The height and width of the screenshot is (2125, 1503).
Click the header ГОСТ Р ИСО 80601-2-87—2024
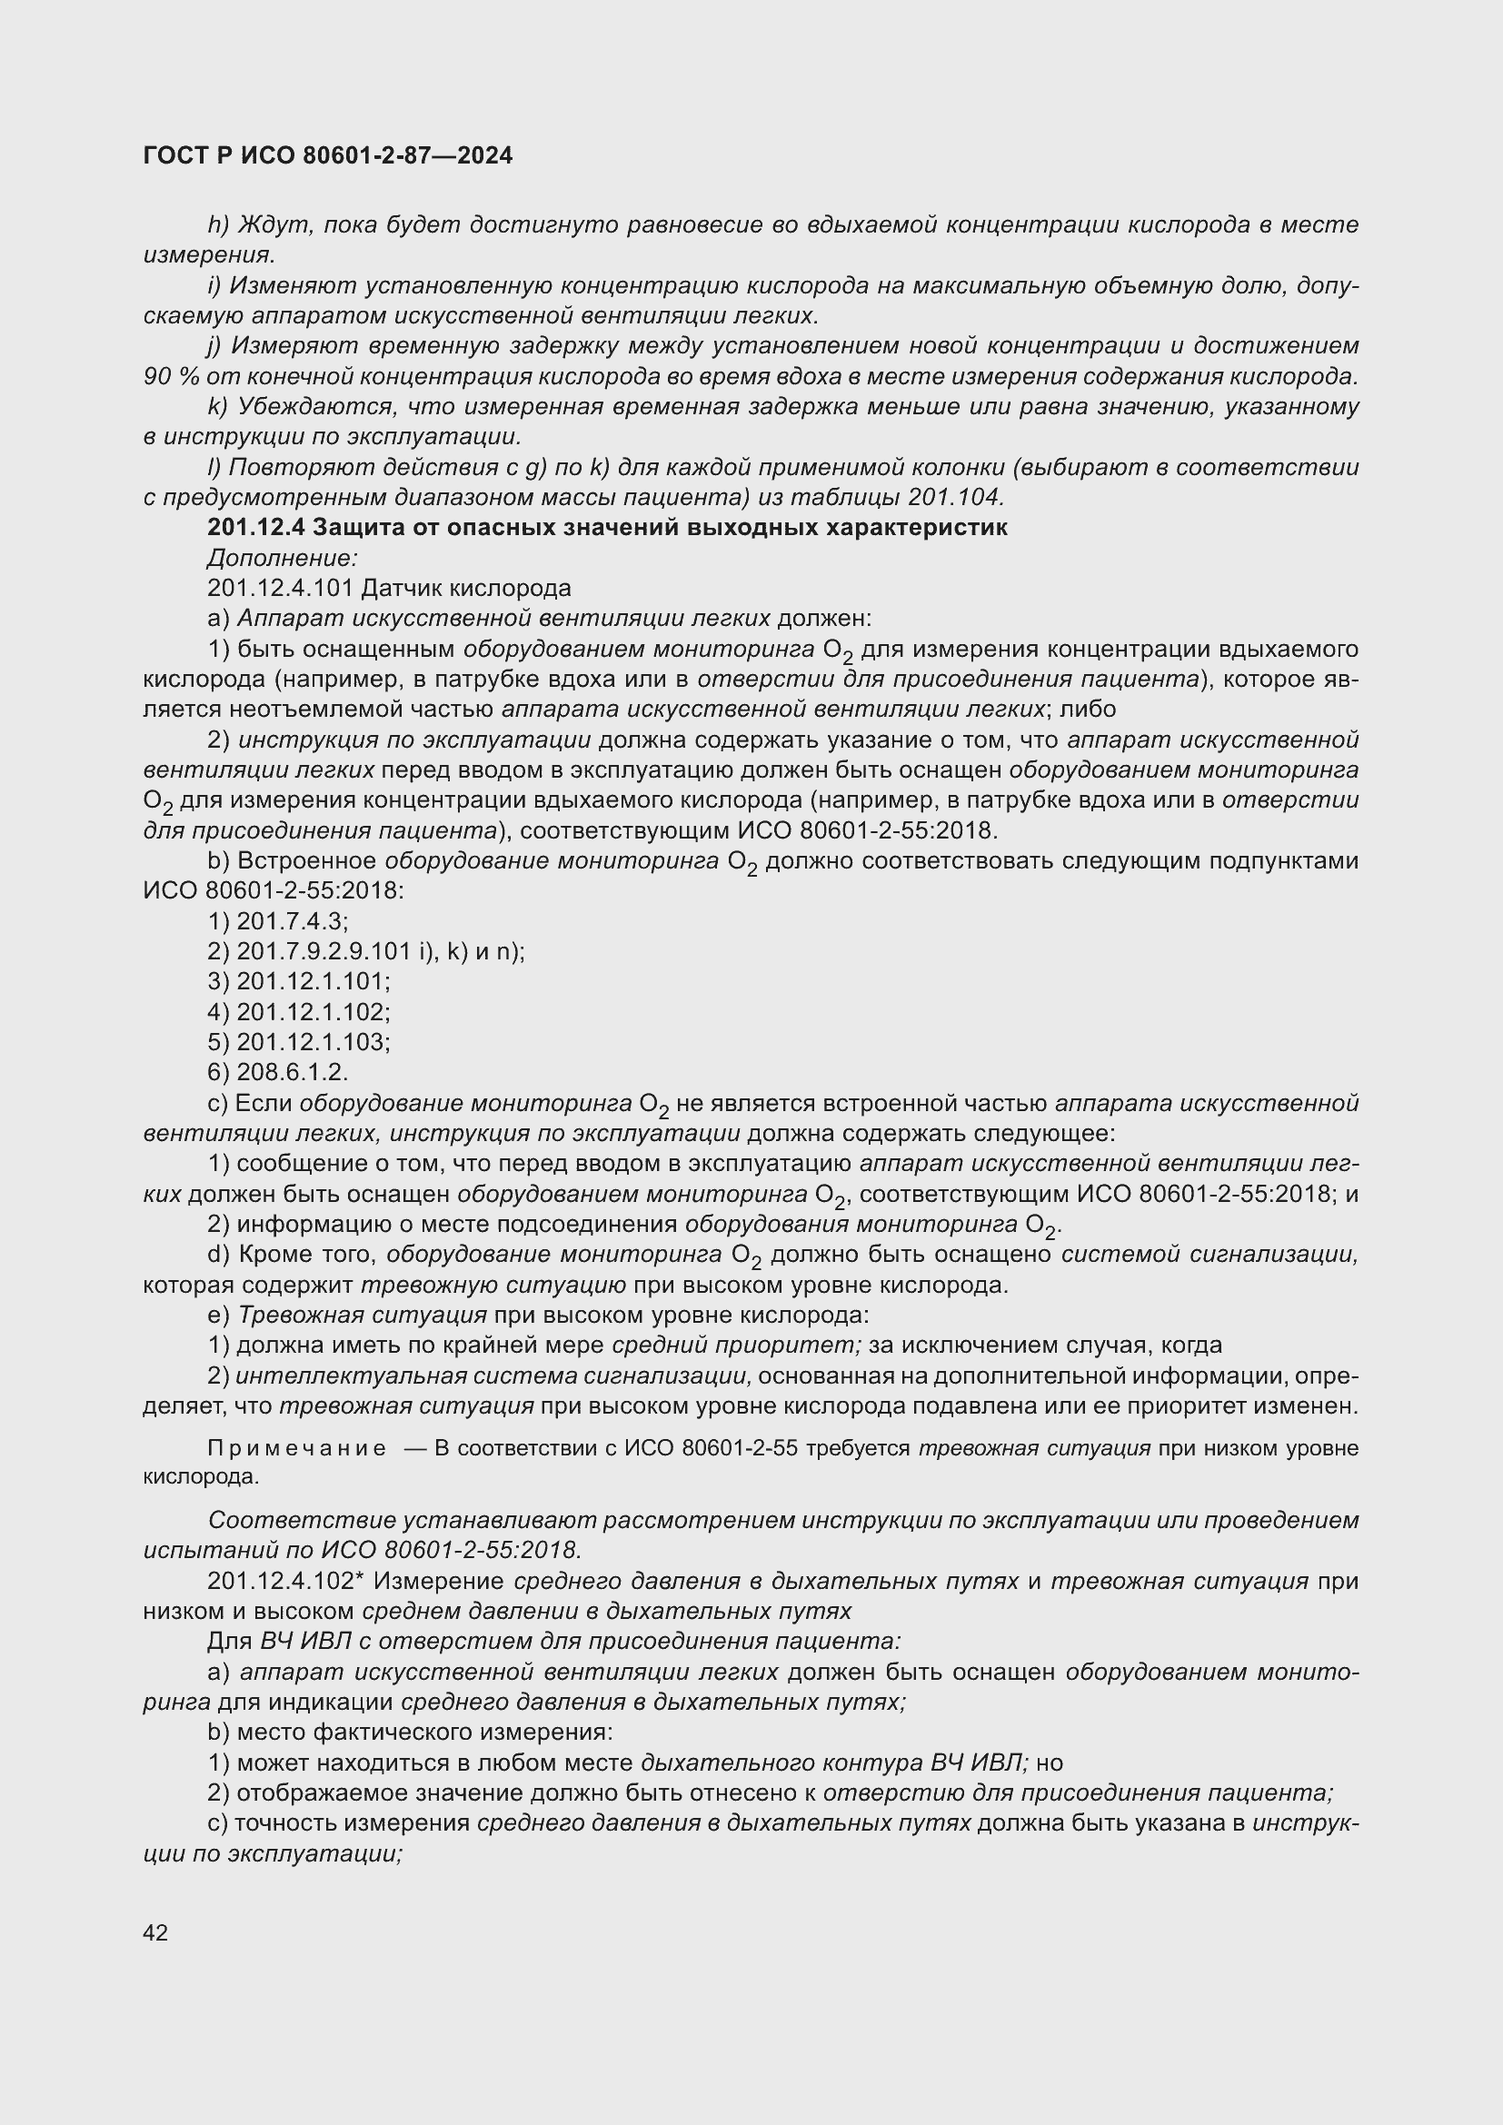328,156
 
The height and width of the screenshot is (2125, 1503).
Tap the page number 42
155,1932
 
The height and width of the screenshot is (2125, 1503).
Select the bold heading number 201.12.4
256,528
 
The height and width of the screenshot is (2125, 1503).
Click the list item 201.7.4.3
292,922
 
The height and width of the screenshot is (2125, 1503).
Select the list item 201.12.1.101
313,982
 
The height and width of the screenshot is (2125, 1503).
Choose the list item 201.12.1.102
313,1012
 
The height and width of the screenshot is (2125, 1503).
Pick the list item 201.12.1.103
313,1043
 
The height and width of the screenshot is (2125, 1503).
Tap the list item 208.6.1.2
292,1073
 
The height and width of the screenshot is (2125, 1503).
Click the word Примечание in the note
297,1448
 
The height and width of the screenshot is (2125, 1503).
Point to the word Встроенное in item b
306,861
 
